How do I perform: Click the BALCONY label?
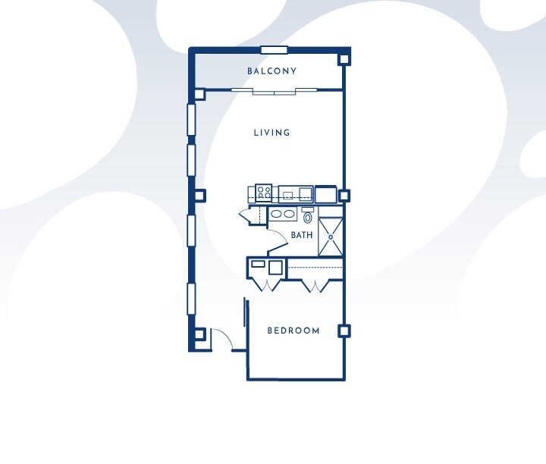point(271,71)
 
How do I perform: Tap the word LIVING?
point(271,133)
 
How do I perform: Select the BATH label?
point(301,235)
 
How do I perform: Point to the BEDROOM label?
point(293,331)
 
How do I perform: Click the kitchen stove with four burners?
point(264,192)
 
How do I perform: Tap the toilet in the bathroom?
point(307,216)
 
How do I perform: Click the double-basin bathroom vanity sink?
point(284,215)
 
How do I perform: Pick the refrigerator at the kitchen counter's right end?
point(326,194)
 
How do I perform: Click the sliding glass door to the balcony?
point(274,91)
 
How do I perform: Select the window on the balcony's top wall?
point(274,50)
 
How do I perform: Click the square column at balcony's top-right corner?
point(344,58)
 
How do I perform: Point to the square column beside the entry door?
point(199,333)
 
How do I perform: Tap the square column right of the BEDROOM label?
point(344,331)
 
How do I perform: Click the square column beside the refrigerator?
point(344,196)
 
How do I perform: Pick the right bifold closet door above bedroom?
point(312,285)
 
